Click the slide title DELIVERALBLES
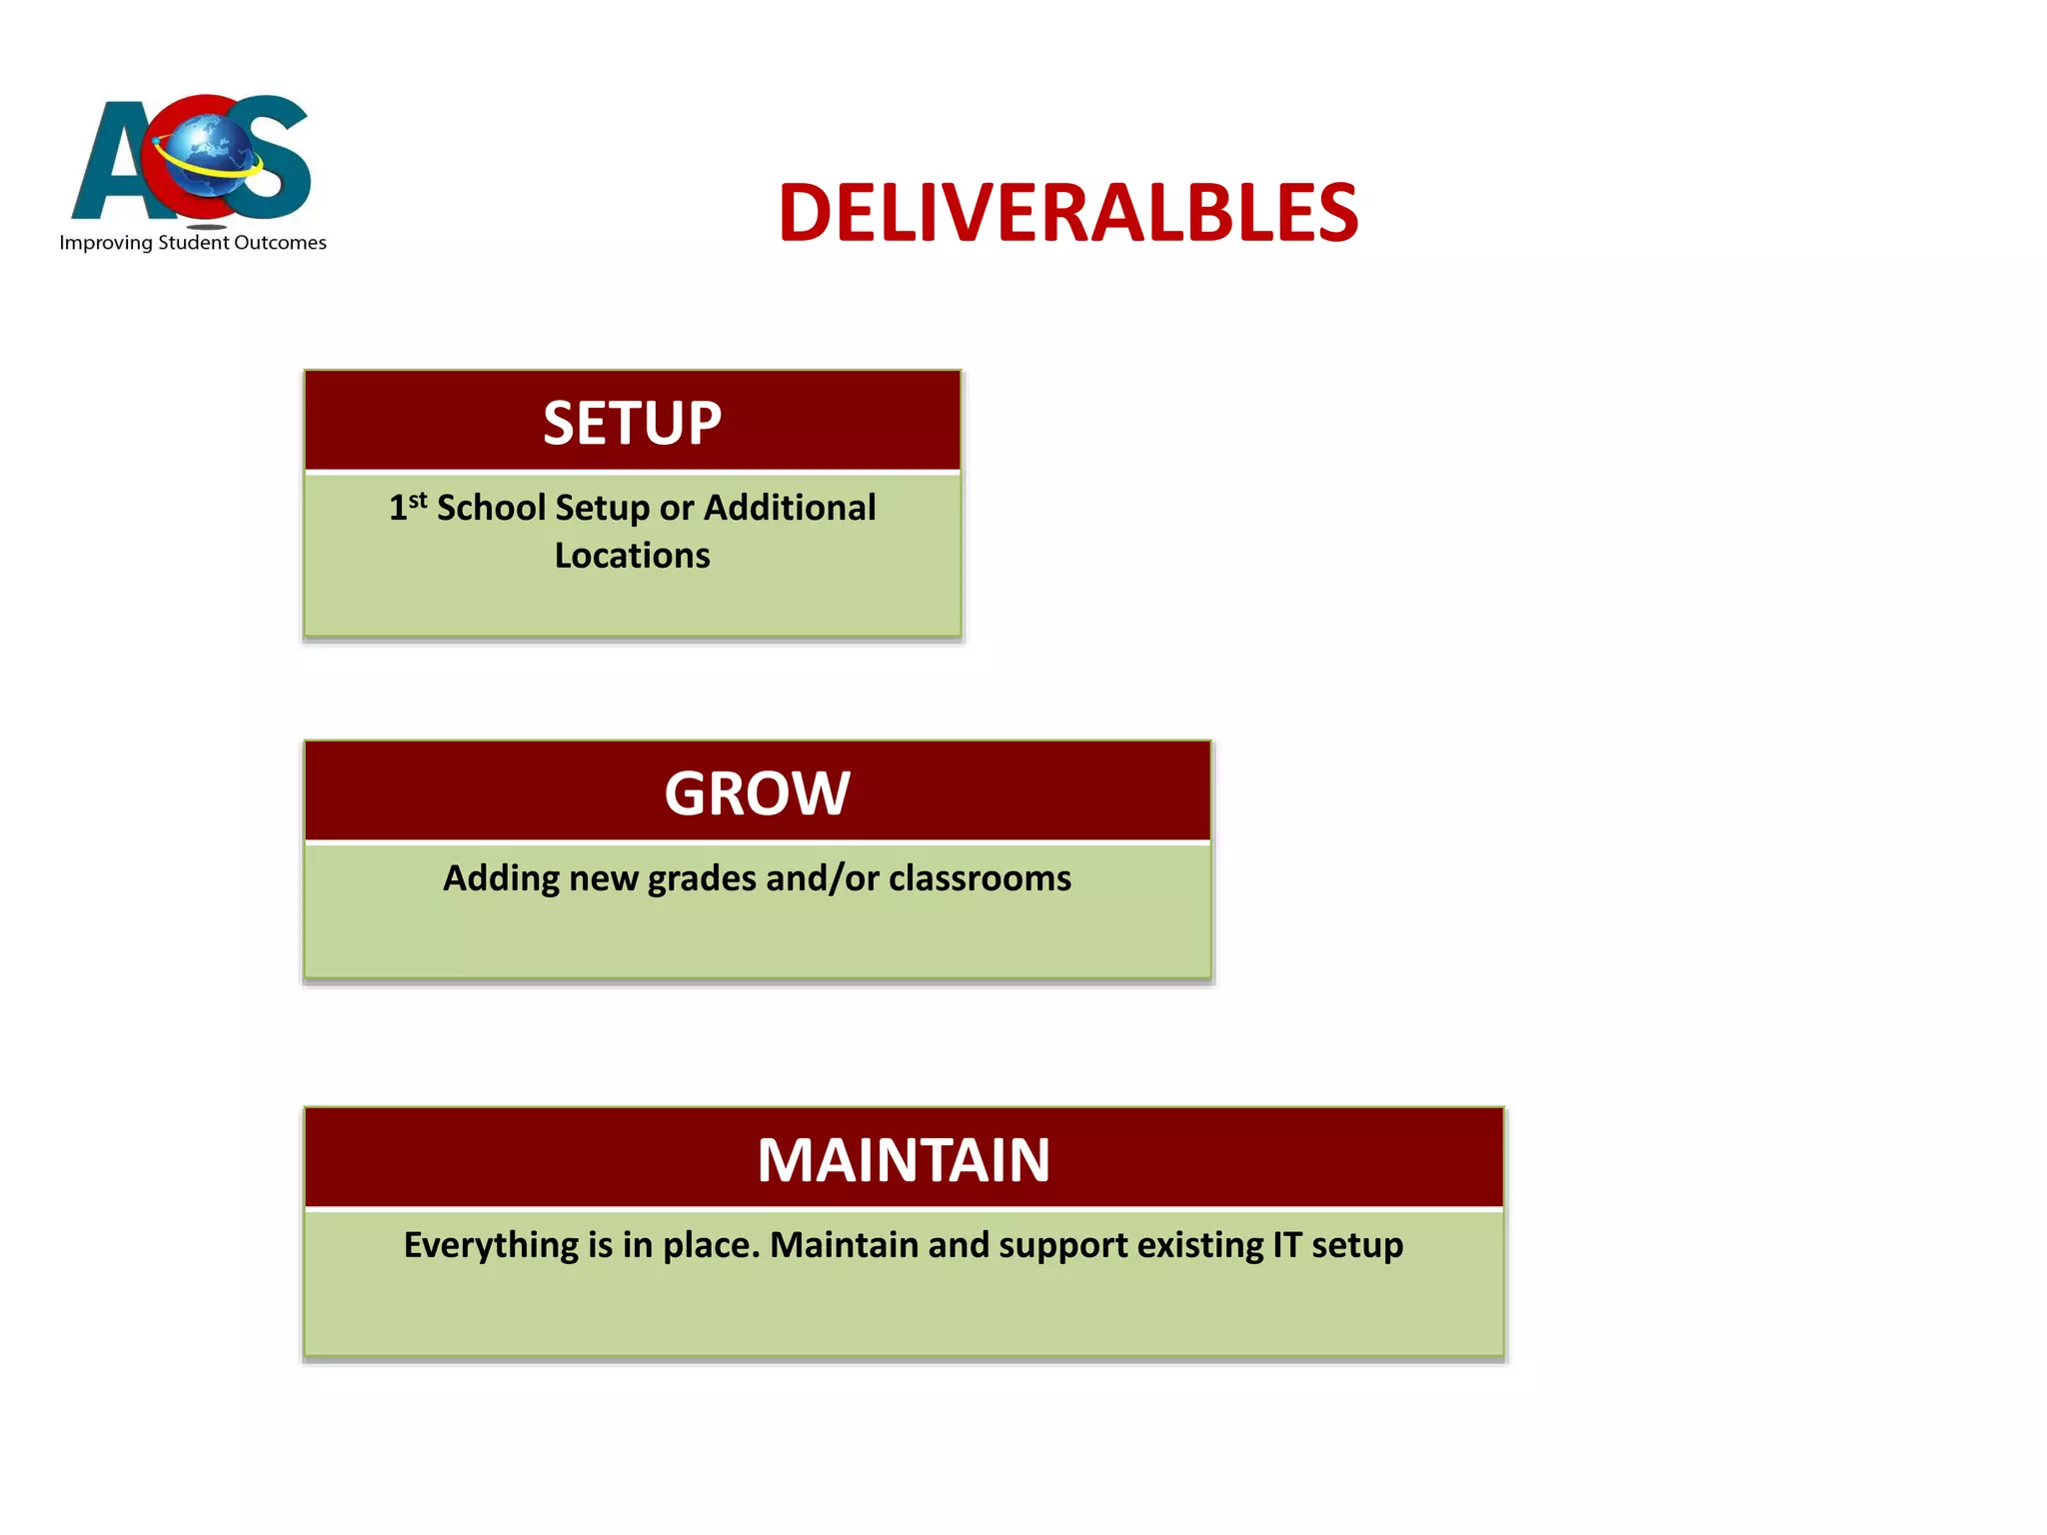[x=1067, y=213]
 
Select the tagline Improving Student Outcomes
[x=193, y=243]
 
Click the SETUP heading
[x=632, y=423]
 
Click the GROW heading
[x=757, y=793]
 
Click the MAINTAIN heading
[x=903, y=1160]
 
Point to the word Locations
[x=632, y=556]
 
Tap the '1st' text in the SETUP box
[x=408, y=506]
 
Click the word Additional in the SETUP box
[x=790, y=508]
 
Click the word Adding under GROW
[x=501, y=878]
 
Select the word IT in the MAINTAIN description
[x=1286, y=1245]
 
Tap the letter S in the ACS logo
[x=268, y=160]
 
